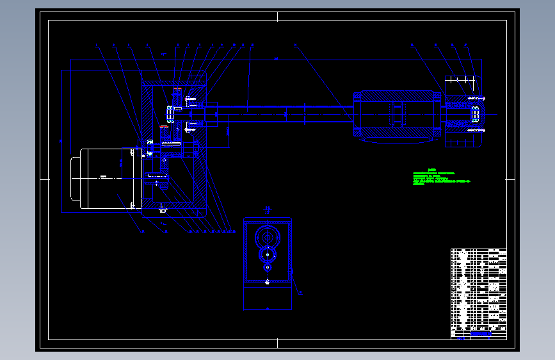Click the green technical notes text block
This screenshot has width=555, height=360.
point(442,177)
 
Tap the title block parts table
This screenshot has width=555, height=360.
point(478,293)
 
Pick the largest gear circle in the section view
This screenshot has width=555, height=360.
point(268,239)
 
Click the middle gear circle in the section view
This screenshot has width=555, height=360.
point(267,255)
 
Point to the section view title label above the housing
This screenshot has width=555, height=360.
point(268,208)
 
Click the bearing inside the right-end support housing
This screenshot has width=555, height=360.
point(475,114)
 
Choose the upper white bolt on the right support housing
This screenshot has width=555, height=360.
point(476,97)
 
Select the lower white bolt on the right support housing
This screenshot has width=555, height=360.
point(476,130)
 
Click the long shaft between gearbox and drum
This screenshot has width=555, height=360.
point(288,114)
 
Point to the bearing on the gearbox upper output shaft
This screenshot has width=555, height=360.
point(169,115)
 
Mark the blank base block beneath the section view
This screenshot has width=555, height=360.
point(268,297)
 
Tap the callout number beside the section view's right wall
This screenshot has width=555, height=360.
point(302,293)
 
